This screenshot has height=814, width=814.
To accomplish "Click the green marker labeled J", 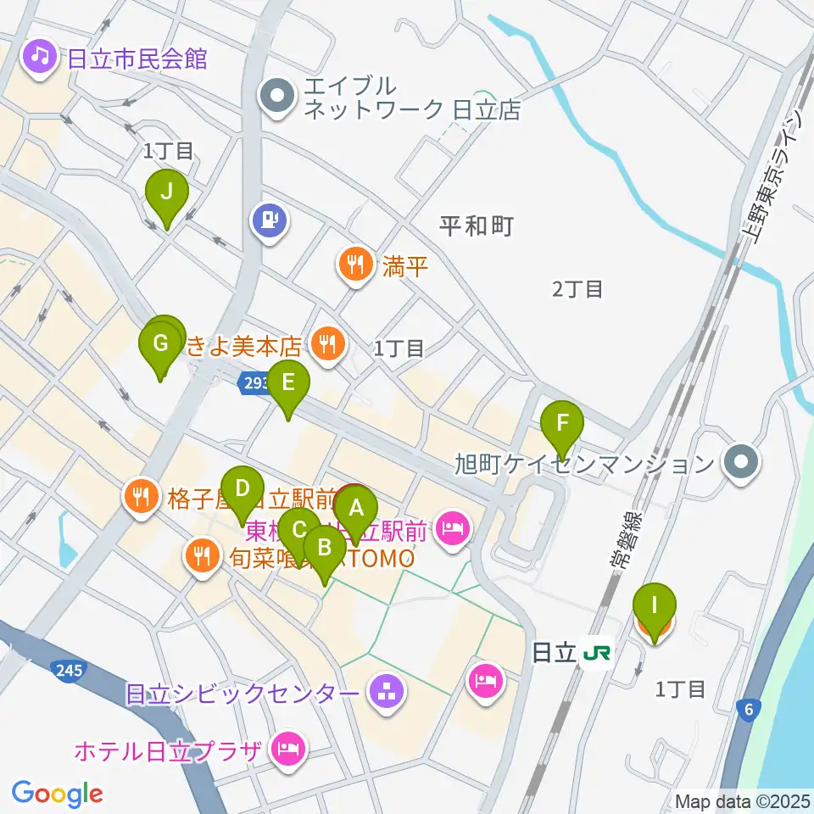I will point(167,192).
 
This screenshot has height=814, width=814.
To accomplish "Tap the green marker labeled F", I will point(563,423).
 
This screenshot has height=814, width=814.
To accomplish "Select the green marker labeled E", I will point(288,382).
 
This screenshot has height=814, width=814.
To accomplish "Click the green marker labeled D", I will point(243,489).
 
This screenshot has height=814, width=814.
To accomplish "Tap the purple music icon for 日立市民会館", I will point(39,58).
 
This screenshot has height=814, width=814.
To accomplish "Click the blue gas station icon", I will point(270,222).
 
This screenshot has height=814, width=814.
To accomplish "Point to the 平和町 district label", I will point(477,226).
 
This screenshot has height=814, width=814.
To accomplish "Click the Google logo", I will point(58,794).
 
